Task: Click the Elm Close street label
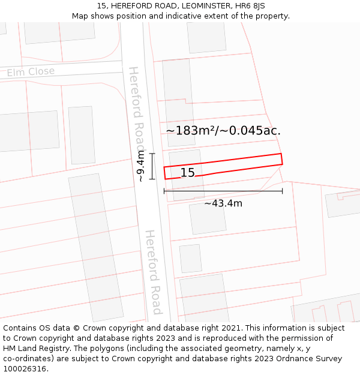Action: pos(31,72)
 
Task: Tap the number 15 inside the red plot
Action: pos(187,173)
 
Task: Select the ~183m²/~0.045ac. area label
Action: pos(223,131)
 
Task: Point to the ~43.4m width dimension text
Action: pos(223,203)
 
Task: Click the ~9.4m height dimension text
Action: pos(140,166)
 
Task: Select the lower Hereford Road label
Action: pos(154,271)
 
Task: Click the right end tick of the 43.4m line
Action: pos(282,191)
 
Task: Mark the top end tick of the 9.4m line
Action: pos(152,154)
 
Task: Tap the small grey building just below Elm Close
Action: pos(82,135)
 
